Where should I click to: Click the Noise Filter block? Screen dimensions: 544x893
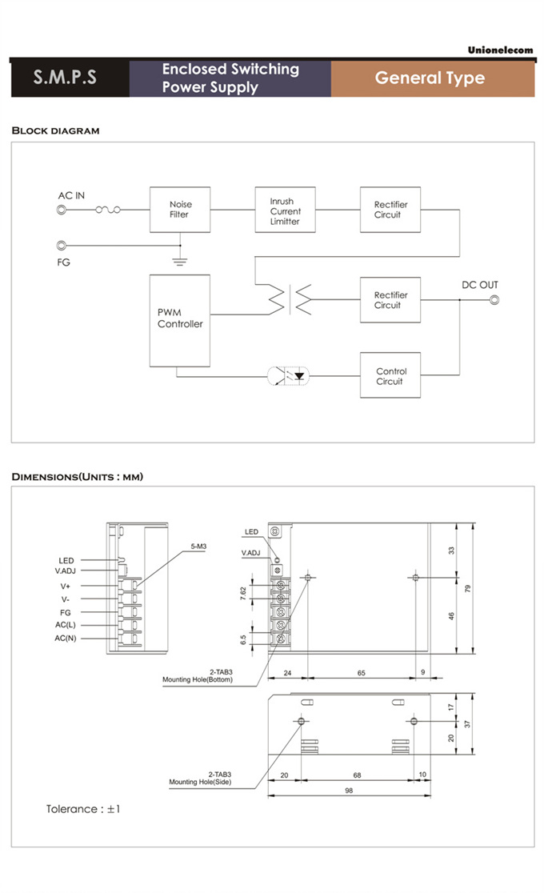180,210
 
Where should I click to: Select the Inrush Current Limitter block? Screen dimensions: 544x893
285,210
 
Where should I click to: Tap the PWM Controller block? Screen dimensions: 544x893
180,321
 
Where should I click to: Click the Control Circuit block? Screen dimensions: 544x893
390,374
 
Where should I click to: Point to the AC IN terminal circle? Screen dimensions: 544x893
62,210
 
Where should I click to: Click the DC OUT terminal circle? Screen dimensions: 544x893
494,300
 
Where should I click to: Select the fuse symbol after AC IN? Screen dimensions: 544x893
108,210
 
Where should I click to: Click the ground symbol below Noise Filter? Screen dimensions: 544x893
180,262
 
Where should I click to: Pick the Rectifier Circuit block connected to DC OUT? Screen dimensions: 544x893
390,300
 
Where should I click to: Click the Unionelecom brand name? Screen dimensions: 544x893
501,50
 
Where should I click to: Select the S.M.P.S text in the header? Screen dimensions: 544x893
65,77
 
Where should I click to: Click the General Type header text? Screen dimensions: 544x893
430,78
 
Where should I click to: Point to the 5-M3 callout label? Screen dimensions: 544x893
199,547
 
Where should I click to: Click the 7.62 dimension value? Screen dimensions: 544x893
243,593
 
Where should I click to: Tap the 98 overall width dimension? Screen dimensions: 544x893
349,791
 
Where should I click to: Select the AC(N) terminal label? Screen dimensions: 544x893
66,639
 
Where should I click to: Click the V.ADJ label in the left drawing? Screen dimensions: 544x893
66,571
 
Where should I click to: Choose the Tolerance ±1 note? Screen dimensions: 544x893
83,809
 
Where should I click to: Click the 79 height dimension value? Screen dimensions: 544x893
468,588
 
